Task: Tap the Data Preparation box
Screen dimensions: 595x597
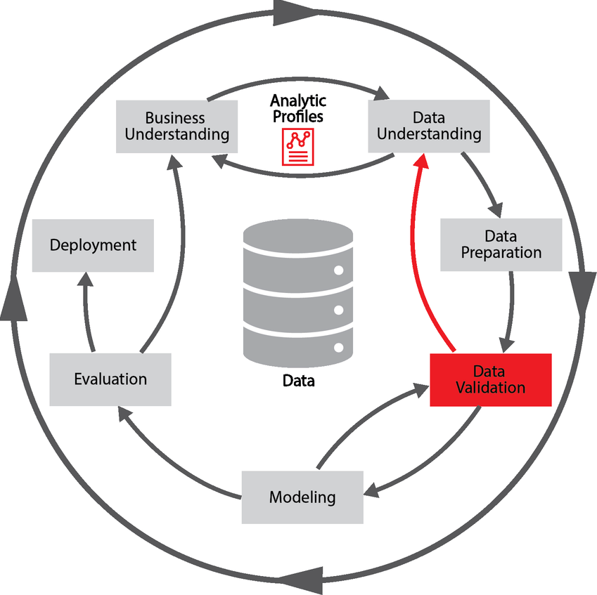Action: tap(501, 244)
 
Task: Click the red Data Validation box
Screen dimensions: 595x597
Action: tap(490, 379)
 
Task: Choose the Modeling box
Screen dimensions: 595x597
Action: tap(302, 497)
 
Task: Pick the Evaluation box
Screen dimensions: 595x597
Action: tap(110, 379)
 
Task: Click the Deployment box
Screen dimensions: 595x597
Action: tap(93, 245)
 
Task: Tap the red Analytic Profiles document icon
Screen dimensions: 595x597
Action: tap(298, 147)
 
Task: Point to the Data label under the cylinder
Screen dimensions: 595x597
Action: tap(298, 381)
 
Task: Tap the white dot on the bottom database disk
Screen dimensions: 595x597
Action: tap(339, 347)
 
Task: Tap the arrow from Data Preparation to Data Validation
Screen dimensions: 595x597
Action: tap(509, 309)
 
